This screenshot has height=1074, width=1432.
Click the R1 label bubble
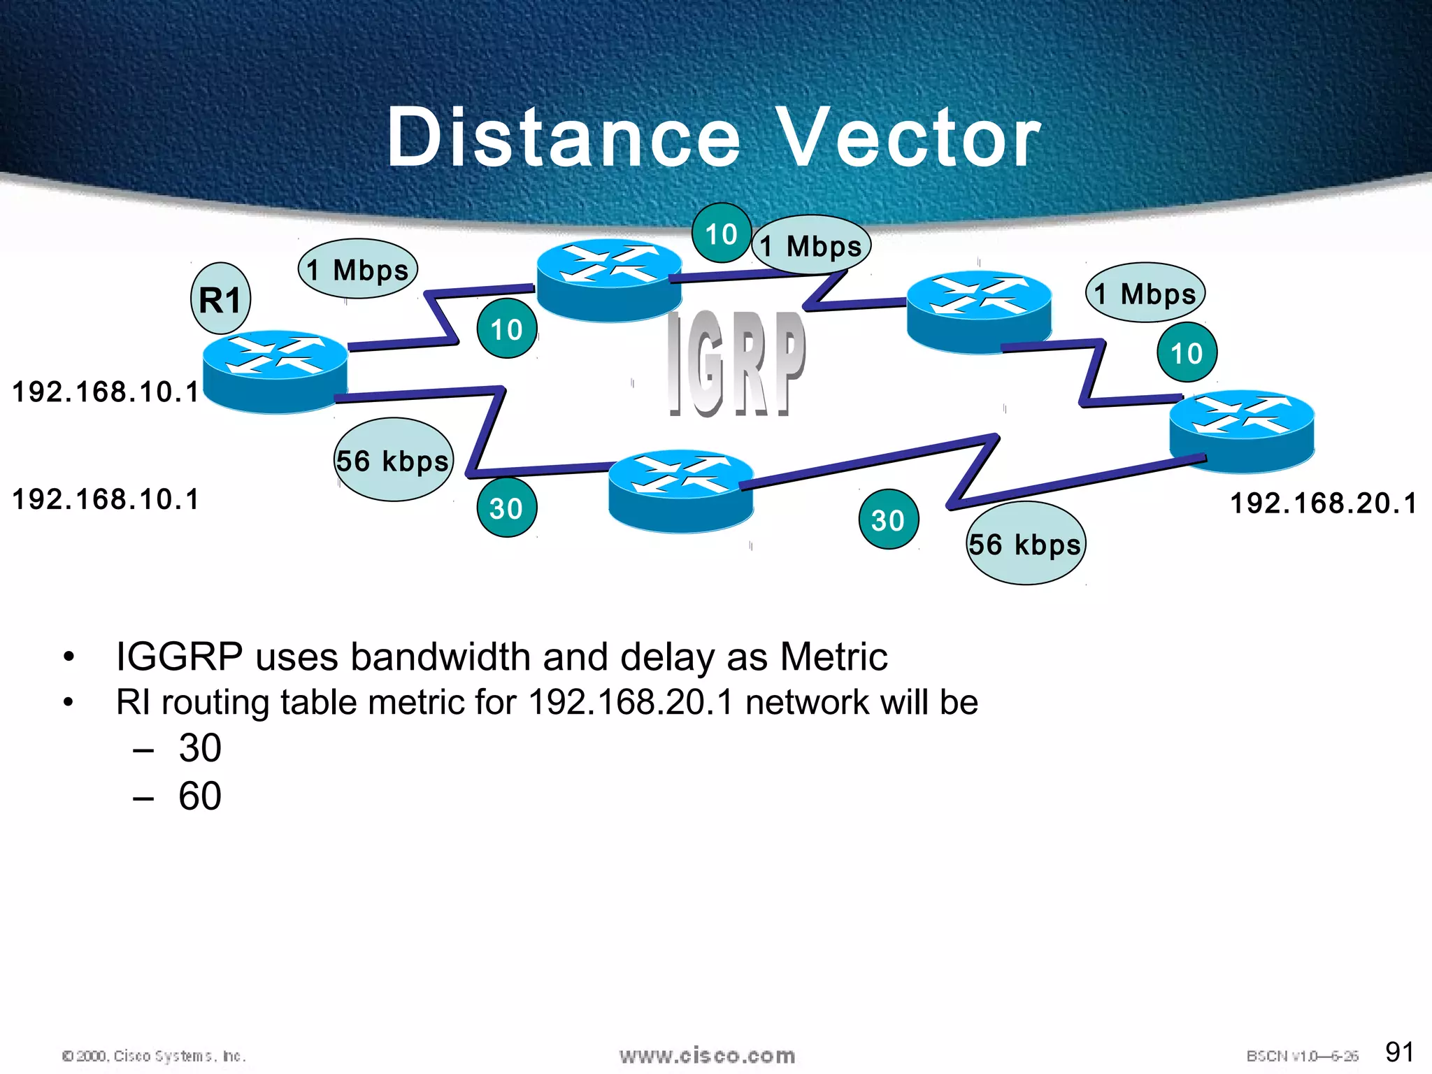point(220,299)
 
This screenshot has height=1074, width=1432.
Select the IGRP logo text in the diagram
point(736,364)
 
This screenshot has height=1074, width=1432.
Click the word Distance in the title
point(564,138)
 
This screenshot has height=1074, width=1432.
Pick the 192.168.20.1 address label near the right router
point(1323,503)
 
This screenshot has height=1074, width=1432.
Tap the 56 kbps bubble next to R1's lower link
point(393,460)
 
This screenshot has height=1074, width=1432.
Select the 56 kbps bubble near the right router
point(1026,543)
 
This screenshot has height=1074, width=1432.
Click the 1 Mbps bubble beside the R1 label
point(357,269)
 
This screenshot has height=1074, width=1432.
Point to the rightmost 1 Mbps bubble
point(1145,293)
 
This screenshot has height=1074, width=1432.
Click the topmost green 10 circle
point(721,233)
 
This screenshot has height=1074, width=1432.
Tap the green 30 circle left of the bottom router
point(506,508)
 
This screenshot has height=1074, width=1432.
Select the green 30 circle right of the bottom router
point(888,520)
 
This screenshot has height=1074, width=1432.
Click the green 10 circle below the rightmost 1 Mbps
point(1187,352)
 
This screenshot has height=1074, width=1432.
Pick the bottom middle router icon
point(681,491)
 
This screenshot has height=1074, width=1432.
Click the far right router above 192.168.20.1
point(1242,431)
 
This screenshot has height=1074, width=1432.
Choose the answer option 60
point(200,796)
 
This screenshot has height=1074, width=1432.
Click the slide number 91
point(1399,1052)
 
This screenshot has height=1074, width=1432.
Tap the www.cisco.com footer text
point(707,1055)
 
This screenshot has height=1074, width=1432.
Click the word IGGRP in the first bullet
point(179,657)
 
